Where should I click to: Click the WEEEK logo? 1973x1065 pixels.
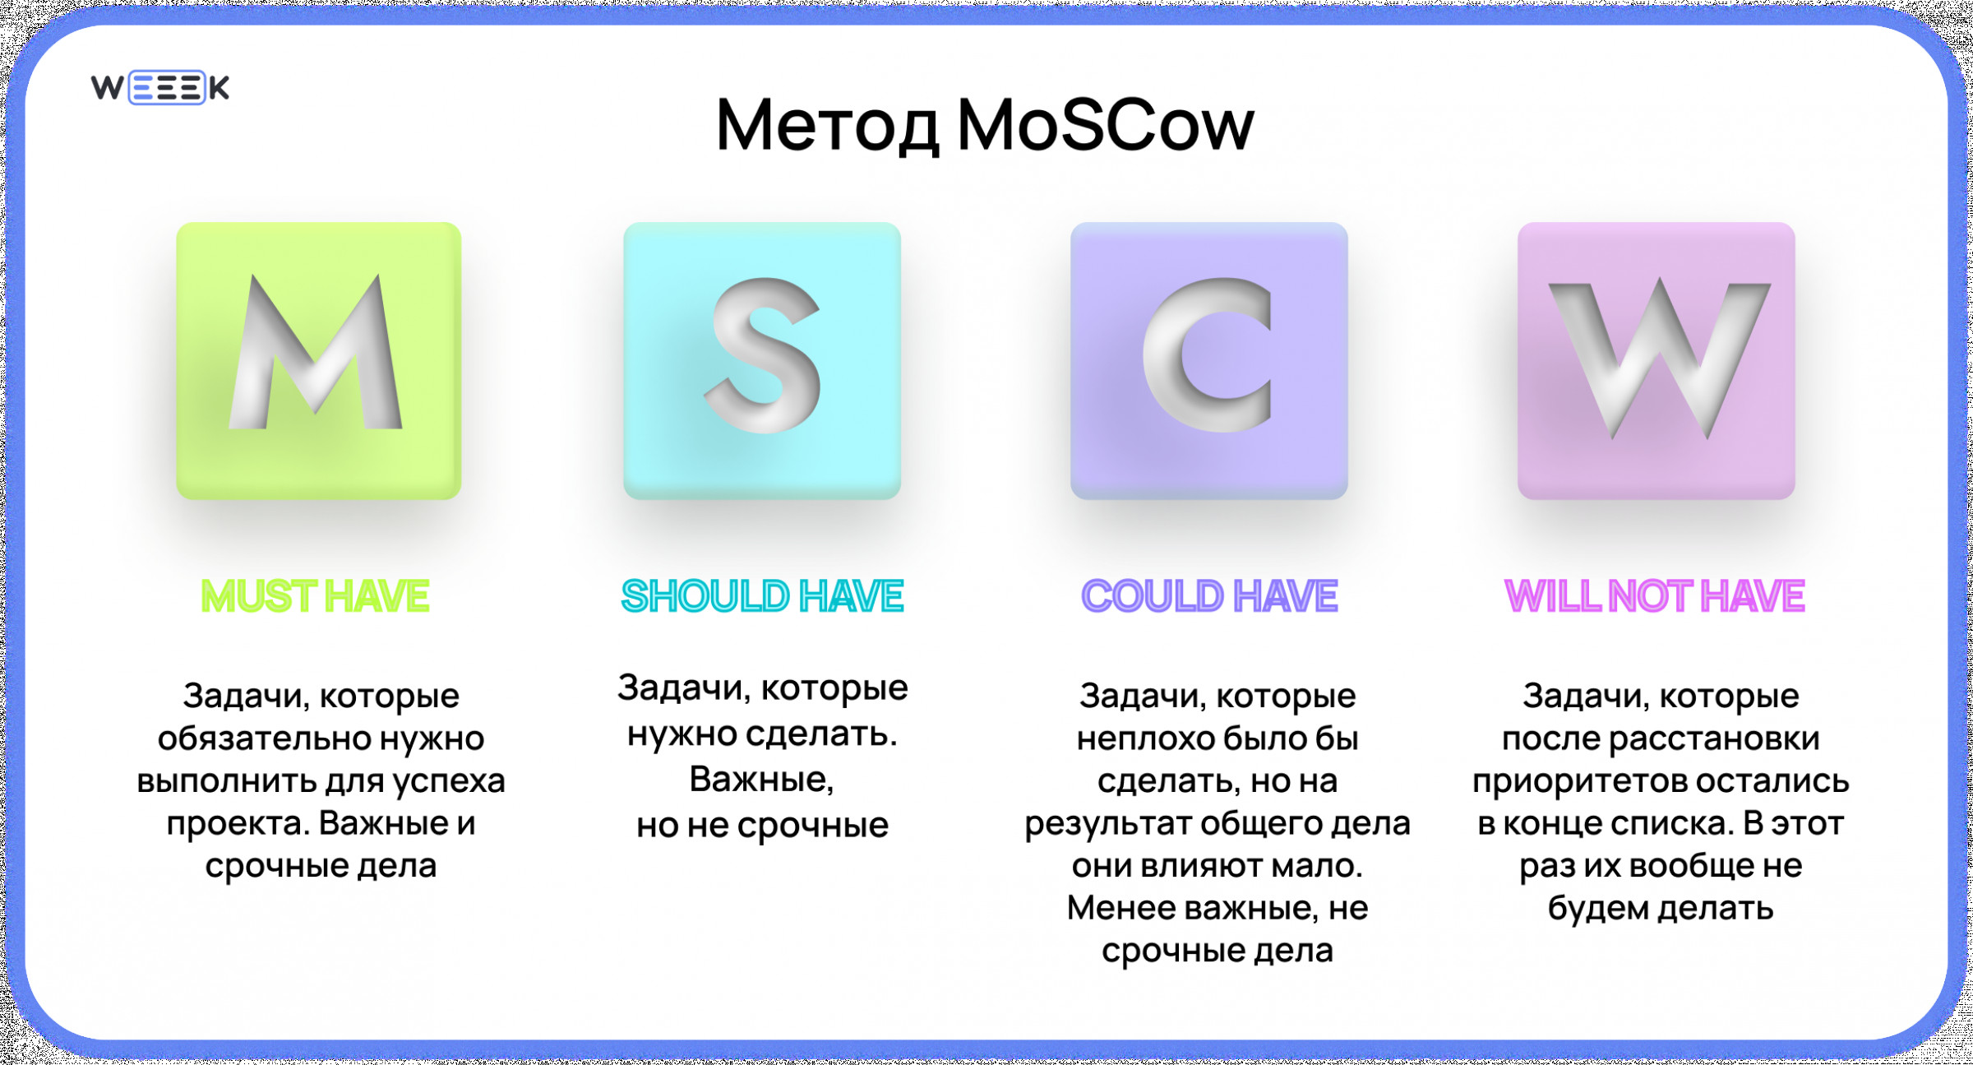click(160, 87)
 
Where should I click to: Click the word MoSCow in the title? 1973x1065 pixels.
click(1106, 125)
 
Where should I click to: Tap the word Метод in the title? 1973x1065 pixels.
click(827, 127)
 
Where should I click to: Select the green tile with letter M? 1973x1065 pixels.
click(319, 360)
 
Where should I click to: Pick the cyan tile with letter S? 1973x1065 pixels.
click(762, 360)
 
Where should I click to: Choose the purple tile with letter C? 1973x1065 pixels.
click(1209, 360)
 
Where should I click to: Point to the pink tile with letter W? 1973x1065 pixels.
click(1656, 360)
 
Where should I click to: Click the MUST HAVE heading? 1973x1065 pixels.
click(316, 596)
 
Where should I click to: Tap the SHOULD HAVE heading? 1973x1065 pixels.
click(762, 596)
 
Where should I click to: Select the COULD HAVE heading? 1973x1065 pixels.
click(1209, 596)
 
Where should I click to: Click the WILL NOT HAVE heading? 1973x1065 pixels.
click(1655, 596)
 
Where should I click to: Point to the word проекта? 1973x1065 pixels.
click(238, 824)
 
